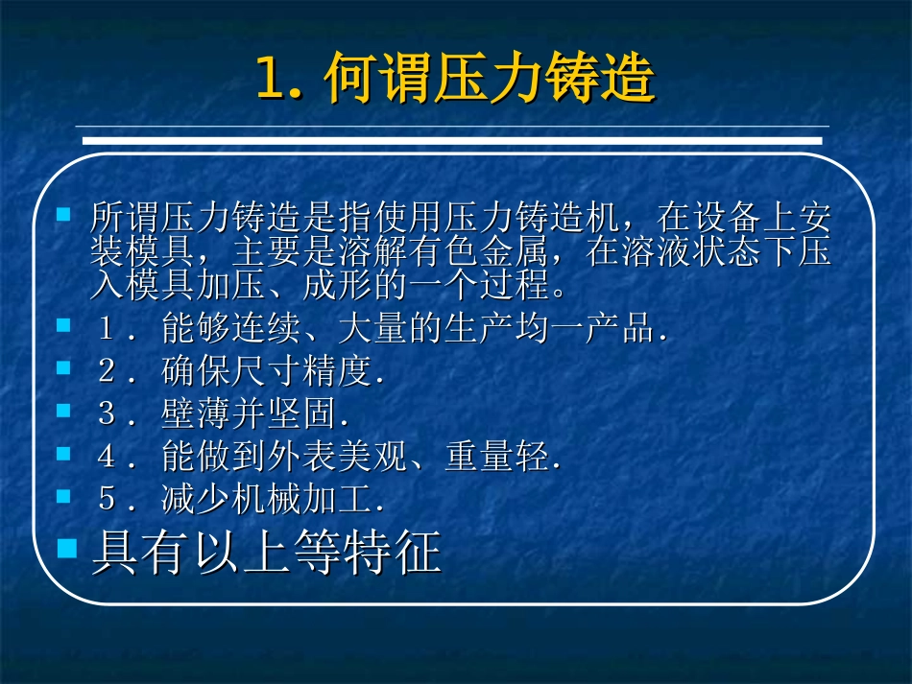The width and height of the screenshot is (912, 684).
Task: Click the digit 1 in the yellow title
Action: [x=271, y=80]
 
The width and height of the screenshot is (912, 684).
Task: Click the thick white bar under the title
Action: [x=451, y=140]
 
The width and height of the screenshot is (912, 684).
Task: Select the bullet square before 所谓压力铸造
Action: [x=64, y=215]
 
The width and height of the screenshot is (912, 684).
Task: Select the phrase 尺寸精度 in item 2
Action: [x=302, y=371]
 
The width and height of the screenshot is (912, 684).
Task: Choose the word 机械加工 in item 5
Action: [x=302, y=499]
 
